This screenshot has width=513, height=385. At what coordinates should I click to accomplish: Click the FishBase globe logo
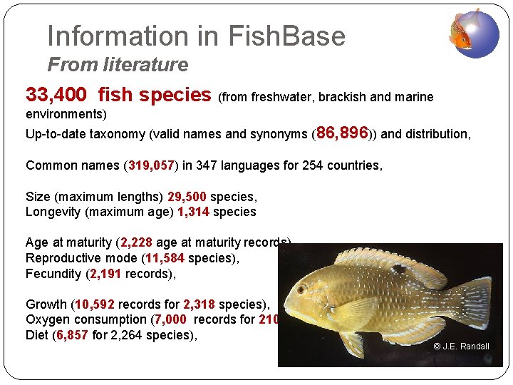tap(474, 34)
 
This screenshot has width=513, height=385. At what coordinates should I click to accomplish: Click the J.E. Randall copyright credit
tap(461, 346)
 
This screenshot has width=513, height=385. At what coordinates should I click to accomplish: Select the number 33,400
tap(56, 95)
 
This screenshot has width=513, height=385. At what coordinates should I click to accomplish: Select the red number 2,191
tap(106, 274)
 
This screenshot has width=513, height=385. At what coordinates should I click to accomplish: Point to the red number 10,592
tap(93, 304)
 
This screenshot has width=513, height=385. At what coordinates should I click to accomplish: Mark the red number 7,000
tap(170, 319)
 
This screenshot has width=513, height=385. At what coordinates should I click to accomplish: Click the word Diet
tap(37, 335)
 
